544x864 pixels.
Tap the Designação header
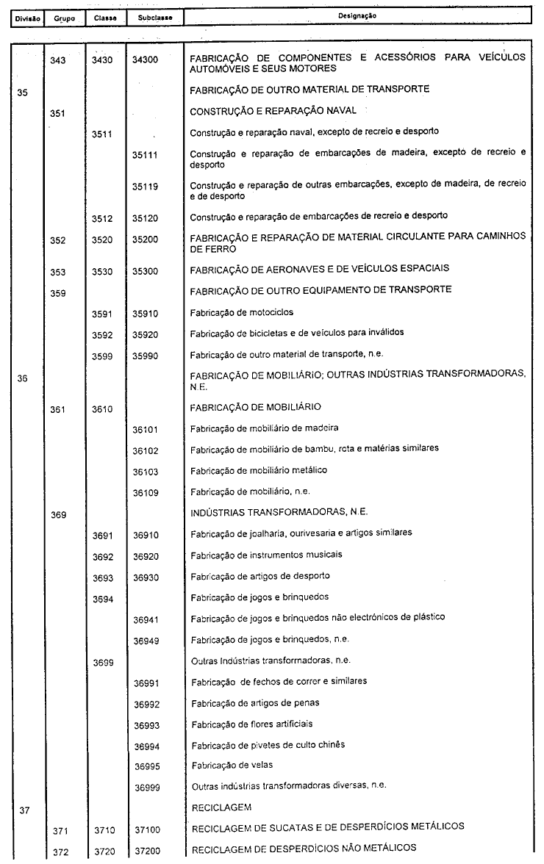tap(358, 15)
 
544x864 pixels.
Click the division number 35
tap(22, 93)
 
